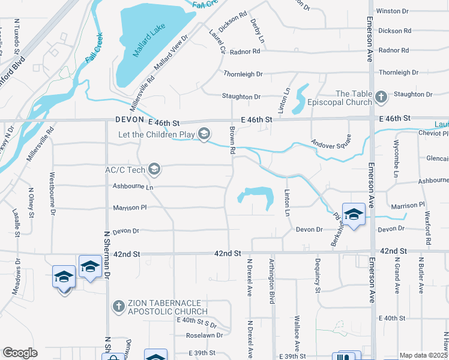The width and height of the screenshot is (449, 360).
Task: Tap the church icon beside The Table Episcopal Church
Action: click(x=381, y=97)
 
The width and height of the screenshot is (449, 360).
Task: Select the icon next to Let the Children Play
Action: click(x=204, y=133)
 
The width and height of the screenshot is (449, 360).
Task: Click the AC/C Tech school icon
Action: click(x=154, y=170)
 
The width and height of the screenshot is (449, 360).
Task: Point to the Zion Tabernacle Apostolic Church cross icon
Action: click(x=118, y=307)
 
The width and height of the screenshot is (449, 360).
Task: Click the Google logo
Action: click(x=20, y=353)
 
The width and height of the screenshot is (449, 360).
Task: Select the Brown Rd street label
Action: click(x=232, y=141)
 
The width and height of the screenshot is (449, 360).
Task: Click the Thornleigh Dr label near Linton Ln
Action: click(x=243, y=74)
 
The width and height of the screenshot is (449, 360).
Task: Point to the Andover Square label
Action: click(x=330, y=144)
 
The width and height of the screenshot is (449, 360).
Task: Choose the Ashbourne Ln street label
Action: click(x=133, y=187)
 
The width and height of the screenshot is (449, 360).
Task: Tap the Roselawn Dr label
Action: click(x=205, y=335)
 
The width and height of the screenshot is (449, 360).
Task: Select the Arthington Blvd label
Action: click(x=271, y=281)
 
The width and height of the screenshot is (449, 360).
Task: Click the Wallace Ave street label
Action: click(x=297, y=334)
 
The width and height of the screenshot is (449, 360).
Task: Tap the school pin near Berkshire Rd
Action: click(x=354, y=214)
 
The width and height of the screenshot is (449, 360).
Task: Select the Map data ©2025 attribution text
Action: click(x=424, y=355)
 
